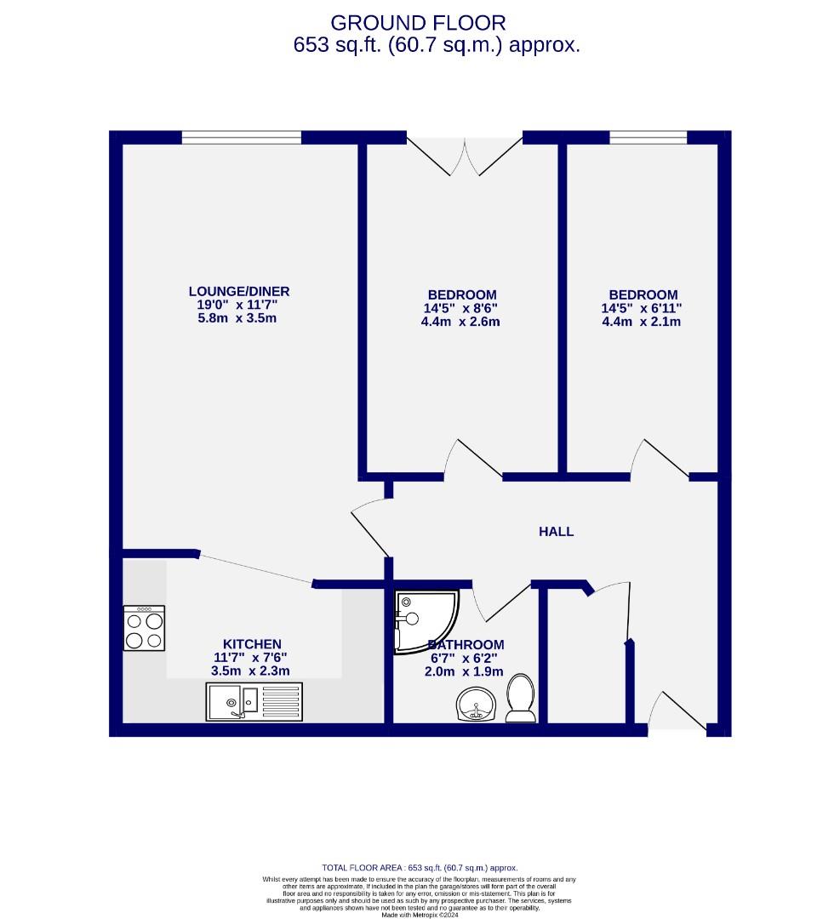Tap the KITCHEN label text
point(252,644)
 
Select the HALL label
point(557,532)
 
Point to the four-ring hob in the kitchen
point(144,628)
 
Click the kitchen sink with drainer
point(254,702)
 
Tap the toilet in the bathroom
point(520,697)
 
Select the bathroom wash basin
point(476,705)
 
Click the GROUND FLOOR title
point(418,23)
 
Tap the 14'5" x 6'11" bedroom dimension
point(642,309)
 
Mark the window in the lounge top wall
point(241,137)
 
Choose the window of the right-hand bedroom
point(648,137)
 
